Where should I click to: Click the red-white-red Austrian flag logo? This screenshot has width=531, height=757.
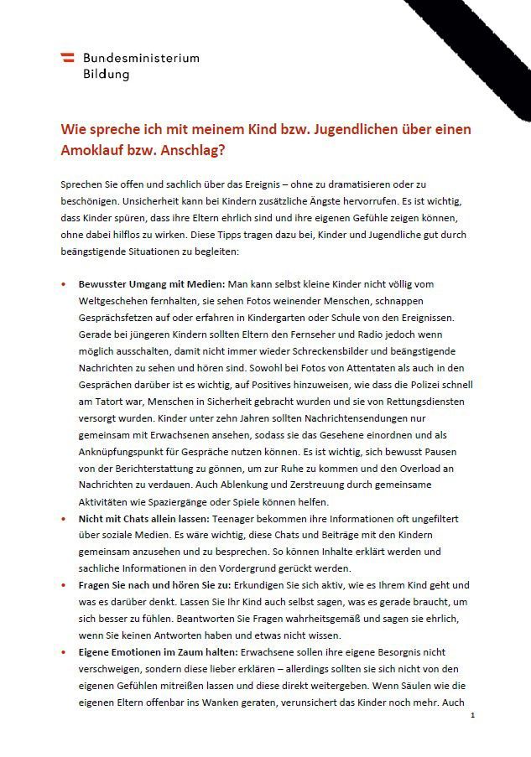(x=67, y=58)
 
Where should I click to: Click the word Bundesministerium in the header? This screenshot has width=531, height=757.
(x=141, y=58)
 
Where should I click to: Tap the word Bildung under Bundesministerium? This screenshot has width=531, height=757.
(x=106, y=74)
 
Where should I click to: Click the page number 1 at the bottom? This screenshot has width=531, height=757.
(x=473, y=715)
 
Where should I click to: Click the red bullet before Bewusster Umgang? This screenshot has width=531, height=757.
(x=64, y=284)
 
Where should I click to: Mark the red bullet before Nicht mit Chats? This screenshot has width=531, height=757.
(x=64, y=519)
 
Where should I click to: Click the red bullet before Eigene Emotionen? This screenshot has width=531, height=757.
(x=64, y=651)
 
